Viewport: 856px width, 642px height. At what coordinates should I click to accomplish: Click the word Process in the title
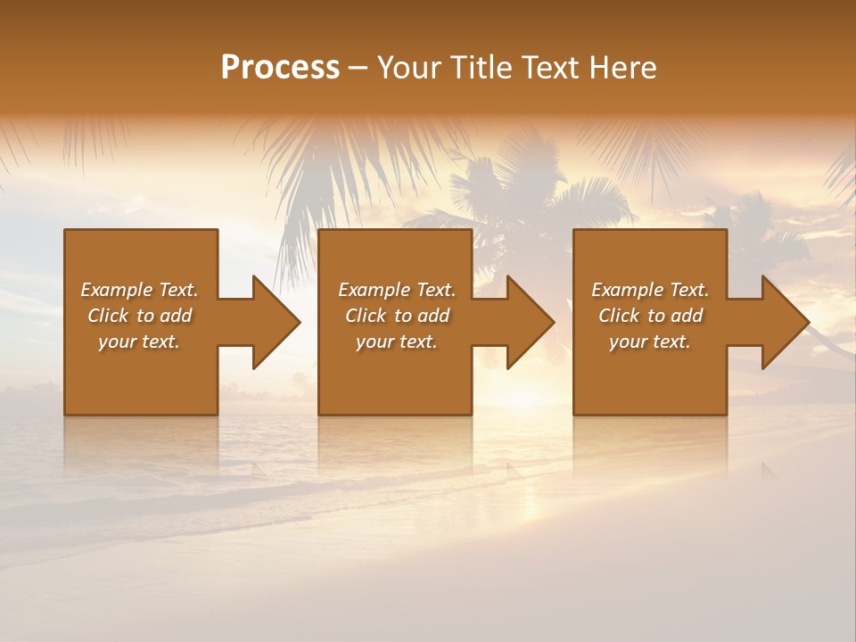coord(280,68)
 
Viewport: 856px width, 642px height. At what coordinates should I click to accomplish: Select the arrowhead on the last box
coord(784,322)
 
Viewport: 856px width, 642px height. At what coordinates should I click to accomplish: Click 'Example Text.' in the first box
coord(139,290)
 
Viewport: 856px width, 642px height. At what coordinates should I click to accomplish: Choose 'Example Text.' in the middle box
coord(397,290)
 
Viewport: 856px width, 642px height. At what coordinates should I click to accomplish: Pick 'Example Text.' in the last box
coord(650,290)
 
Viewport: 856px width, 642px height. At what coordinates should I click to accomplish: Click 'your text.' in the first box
coord(139,342)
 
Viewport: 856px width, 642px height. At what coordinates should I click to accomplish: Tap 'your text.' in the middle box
coord(397,342)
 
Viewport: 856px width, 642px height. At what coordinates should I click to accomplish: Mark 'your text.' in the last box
coord(650,342)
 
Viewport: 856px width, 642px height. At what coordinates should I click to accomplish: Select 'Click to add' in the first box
coord(139,316)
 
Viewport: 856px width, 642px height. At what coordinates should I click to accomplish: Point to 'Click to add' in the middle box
coord(397,316)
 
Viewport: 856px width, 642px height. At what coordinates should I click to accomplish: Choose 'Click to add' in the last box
coord(650,316)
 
